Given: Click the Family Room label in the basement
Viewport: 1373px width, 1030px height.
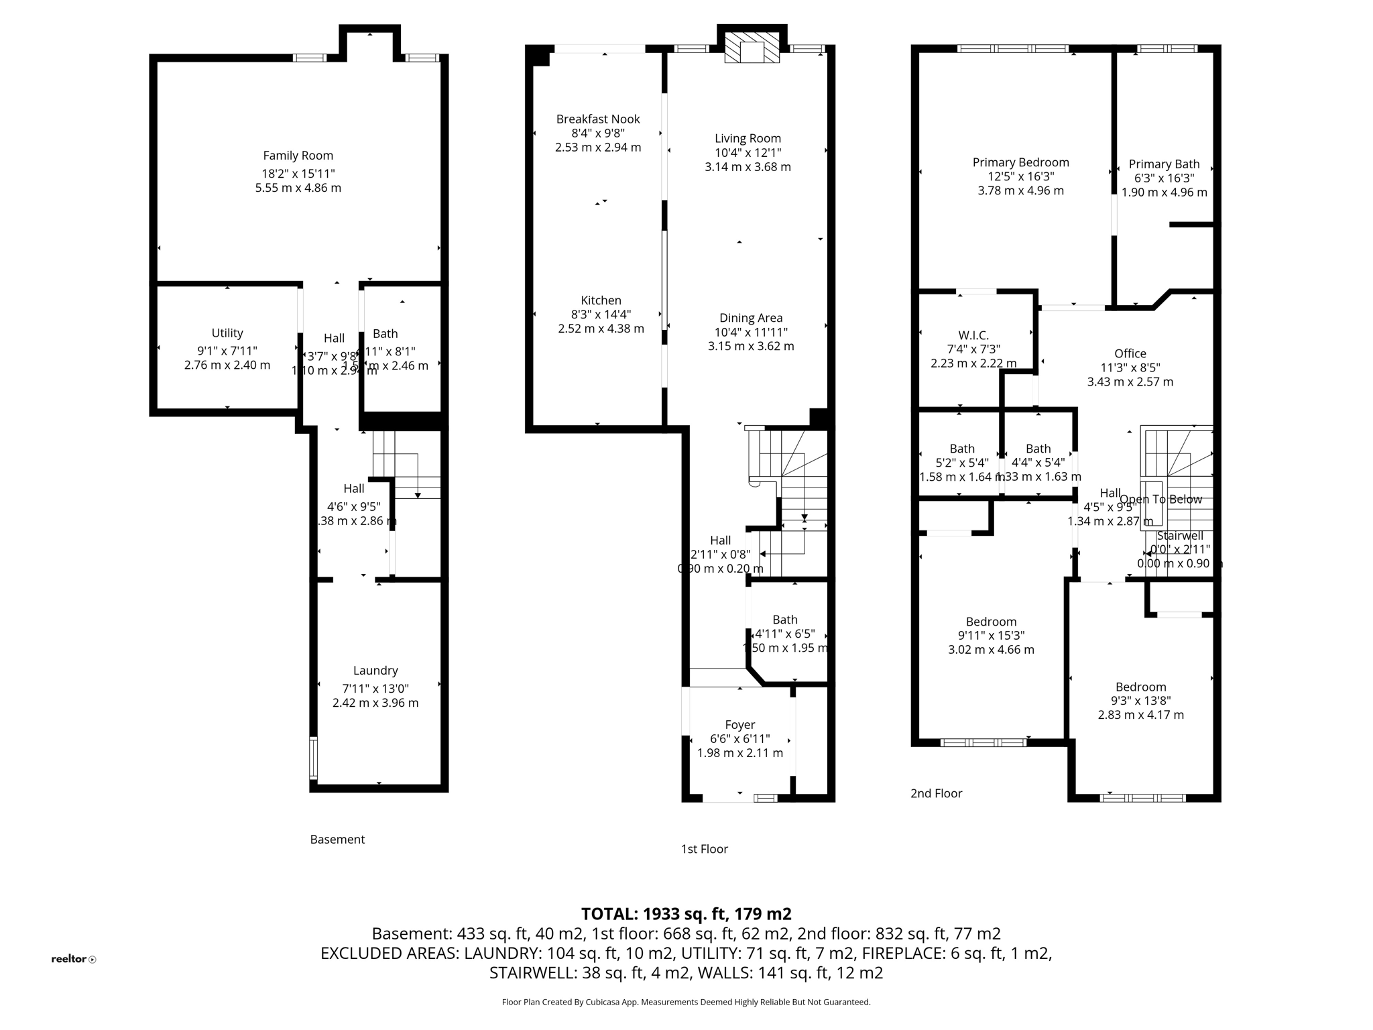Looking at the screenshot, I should (x=298, y=156).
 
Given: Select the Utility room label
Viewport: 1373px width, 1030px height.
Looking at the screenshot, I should (x=227, y=333).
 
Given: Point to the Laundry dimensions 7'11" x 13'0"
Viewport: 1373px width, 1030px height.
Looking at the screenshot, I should (x=375, y=689).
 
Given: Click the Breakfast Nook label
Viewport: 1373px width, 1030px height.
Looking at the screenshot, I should (x=598, y=119).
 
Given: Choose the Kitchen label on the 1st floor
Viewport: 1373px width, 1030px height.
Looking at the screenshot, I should (x=601, y=300).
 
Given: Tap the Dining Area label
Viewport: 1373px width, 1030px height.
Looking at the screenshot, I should (x=751, y=318).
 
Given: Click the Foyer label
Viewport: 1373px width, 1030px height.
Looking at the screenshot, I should (x=740, y=725).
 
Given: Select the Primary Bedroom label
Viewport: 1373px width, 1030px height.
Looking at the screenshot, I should (x=1020, y=162).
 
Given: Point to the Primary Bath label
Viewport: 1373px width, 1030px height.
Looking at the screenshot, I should (x=1164, y=164).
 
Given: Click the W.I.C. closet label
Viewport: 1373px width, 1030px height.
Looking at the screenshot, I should (x=973, y=335).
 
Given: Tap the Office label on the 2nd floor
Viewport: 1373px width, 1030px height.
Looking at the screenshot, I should (x=1130, y=353).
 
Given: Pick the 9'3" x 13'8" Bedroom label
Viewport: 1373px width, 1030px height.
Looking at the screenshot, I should (x=1140, y=687).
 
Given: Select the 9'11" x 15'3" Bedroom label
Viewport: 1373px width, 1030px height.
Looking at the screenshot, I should (x=991, y=622).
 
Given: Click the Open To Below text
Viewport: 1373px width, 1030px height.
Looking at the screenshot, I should (x=1161, y=500).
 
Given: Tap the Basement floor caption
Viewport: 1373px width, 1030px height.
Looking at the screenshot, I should (x=337, y=840).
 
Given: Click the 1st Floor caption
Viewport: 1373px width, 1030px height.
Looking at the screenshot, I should (x=704, y=849).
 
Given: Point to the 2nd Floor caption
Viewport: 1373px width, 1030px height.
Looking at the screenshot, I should (x=936, y=793).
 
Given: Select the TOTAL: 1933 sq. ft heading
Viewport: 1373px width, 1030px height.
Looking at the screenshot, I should (x=686, y=914).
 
